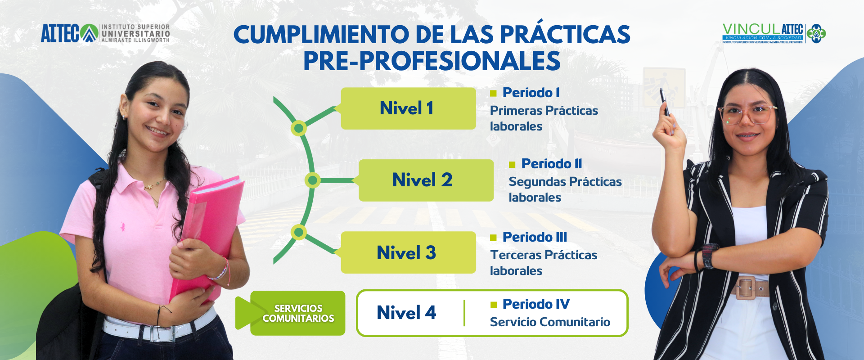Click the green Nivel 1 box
coord(408,108)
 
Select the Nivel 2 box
coord(426,180)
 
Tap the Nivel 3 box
coord(408,252)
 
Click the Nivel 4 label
coord(406,313)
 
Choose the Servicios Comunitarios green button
coord(297,313)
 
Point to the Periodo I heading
coord(531,93)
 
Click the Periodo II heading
coord(552,164)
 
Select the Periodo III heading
coord(535,237)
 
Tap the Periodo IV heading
coord(536,304)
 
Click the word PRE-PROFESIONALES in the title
coord(432,61)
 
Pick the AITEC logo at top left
coord(105,33)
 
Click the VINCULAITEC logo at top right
coord(774,33)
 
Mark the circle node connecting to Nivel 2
coord(312,180)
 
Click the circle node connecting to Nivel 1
coord(298,128)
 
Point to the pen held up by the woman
coord(665,103)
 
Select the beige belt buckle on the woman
coord(746,288)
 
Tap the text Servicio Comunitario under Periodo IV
coord(550,322)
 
